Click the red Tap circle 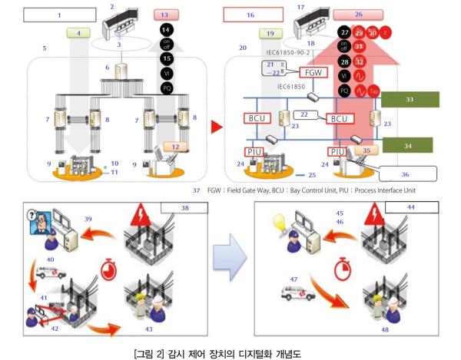[x=373, y=90]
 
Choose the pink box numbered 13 [x=171, y=14]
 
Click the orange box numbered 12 [x=175, y=146]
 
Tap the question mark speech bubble [x=39, y=217]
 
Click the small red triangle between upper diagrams [x=217, y=123]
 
